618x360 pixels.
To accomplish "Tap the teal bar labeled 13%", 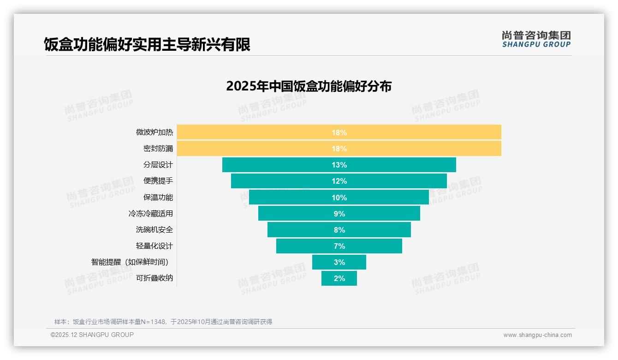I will coord(339,165).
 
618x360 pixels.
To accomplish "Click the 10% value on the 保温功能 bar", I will coord(339,198).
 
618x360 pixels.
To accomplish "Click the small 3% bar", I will coord(339,262).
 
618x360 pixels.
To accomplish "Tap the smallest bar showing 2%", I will coord(339,278).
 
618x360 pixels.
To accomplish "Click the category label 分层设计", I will coord(158,165).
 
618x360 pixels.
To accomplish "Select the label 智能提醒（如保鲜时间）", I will coord(132,262).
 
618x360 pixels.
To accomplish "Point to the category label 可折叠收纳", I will coord(154,278).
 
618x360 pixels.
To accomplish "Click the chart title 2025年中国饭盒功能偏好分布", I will coord(309,86).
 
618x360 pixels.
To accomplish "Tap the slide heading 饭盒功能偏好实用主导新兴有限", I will coord(147,45).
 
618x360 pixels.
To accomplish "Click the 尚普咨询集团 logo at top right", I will coord(536,39).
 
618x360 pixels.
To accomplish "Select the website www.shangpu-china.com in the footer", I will coord(537,335).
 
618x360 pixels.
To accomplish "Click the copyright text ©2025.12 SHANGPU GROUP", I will coord(92,335).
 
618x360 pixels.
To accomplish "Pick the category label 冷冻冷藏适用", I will coord(151,214).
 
